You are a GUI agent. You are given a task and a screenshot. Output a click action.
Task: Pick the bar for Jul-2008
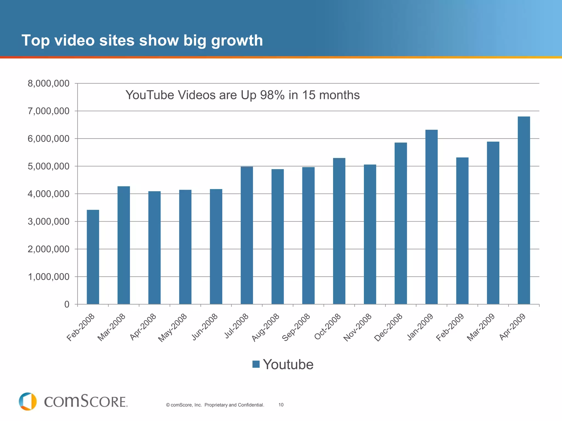tap(247, 235)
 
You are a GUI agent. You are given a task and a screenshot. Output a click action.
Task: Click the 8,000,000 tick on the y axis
tap(49, 83)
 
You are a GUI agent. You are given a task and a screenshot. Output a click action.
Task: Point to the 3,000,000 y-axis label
tap(49, 221)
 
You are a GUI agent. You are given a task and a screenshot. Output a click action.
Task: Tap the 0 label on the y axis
tap(67, 305)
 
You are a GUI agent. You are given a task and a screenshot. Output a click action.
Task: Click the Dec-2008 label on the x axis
tap(389, 327)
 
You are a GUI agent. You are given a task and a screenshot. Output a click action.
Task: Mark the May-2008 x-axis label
tap(173, 328)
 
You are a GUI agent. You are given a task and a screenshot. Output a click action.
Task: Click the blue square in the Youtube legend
tap(256, 364)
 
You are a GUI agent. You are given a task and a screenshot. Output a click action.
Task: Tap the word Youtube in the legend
tap(288, 364)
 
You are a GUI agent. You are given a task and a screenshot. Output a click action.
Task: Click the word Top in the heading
tap(35, 41)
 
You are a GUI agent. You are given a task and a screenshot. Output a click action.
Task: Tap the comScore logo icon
tap(28, 402)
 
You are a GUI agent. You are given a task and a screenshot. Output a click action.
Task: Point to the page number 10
tap(281, 405)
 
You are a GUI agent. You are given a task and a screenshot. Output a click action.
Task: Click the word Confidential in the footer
tap(251, 405)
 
